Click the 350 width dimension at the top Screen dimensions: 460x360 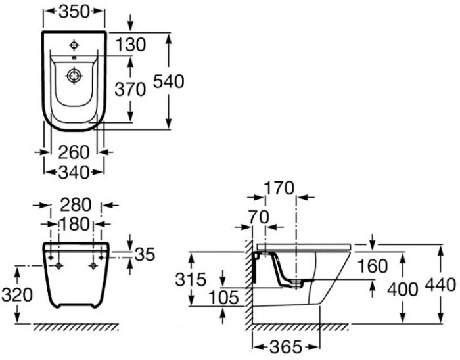coord(74,12)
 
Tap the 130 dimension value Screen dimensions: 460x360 coord(130,45)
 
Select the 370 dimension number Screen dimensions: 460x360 coord(130,89)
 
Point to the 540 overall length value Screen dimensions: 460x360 coord(169,81)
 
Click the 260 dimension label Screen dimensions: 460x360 coord(74,152)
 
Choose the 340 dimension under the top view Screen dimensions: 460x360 coord(74,172)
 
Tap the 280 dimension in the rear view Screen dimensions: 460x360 coord(76,204)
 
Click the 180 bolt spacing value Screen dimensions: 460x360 coord(75,224)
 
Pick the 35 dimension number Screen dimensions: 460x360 coord(145,254)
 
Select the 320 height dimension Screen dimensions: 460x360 coord(17,294)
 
